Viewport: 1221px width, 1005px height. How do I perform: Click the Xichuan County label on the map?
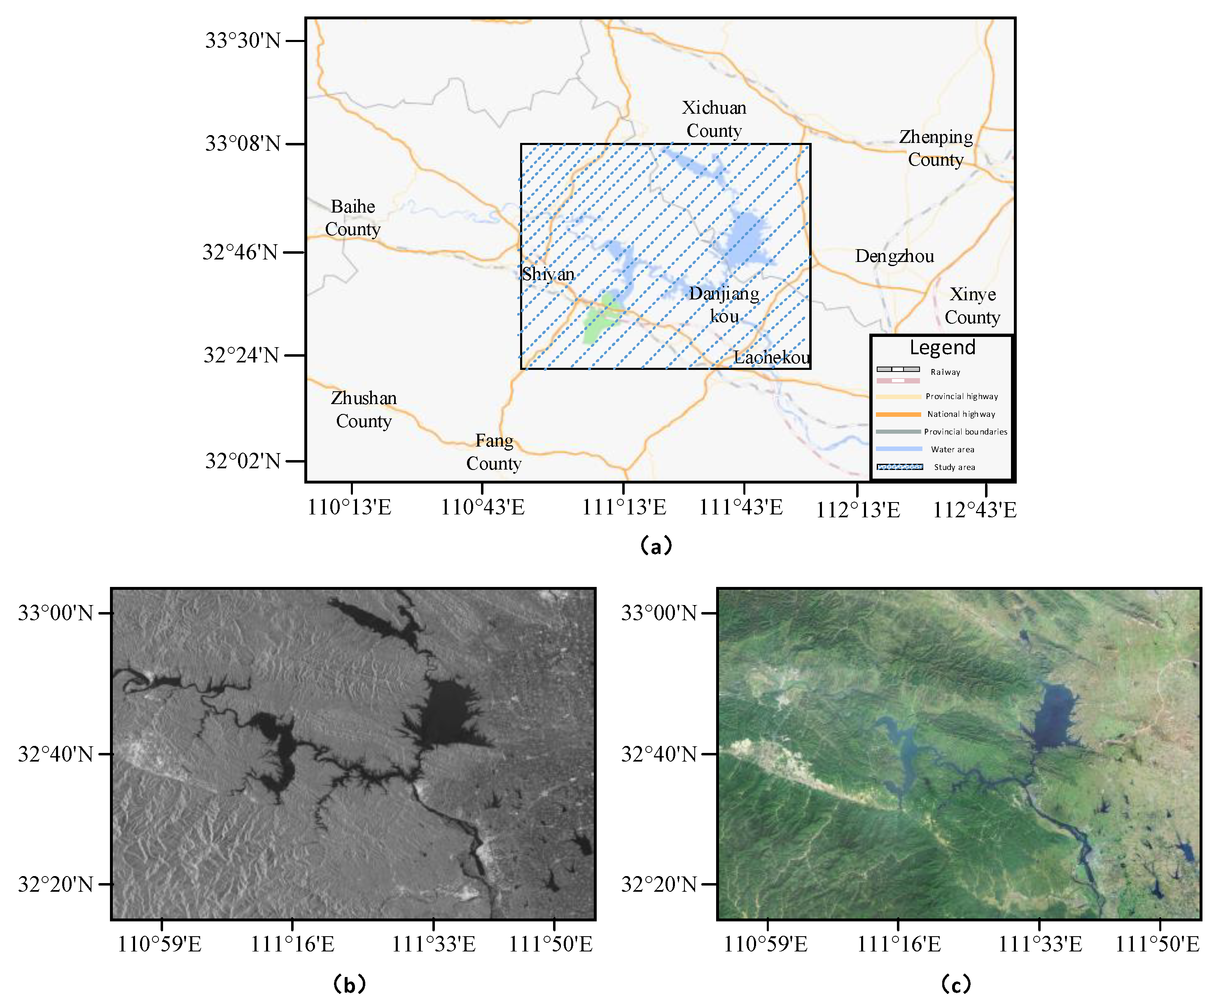pos(714,119)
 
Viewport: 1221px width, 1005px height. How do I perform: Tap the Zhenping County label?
pos(935,148)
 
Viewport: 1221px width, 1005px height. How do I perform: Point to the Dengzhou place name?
pos(894,256)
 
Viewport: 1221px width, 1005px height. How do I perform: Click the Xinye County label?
pos(972,306)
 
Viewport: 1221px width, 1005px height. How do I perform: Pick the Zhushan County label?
pos(363,410)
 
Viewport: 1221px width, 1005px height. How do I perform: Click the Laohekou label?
pos(771,357)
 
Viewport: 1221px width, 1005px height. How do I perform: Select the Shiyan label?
pos(547,274)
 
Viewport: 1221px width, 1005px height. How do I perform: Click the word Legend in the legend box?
pos(942,347)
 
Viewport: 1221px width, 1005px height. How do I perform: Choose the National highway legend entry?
pos(961,414)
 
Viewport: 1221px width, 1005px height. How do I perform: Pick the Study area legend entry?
pos(954,467)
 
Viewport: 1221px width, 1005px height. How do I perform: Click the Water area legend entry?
pos(952,449)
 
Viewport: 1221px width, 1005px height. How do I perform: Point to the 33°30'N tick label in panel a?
pos(243,40)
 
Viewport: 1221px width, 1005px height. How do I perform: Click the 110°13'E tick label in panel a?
pos(349,507)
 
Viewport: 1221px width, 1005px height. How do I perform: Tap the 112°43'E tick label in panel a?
pos(974,510)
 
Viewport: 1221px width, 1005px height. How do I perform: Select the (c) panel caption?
pos(955,984)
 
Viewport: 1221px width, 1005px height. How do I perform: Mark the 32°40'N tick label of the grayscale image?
pos(56,754)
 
